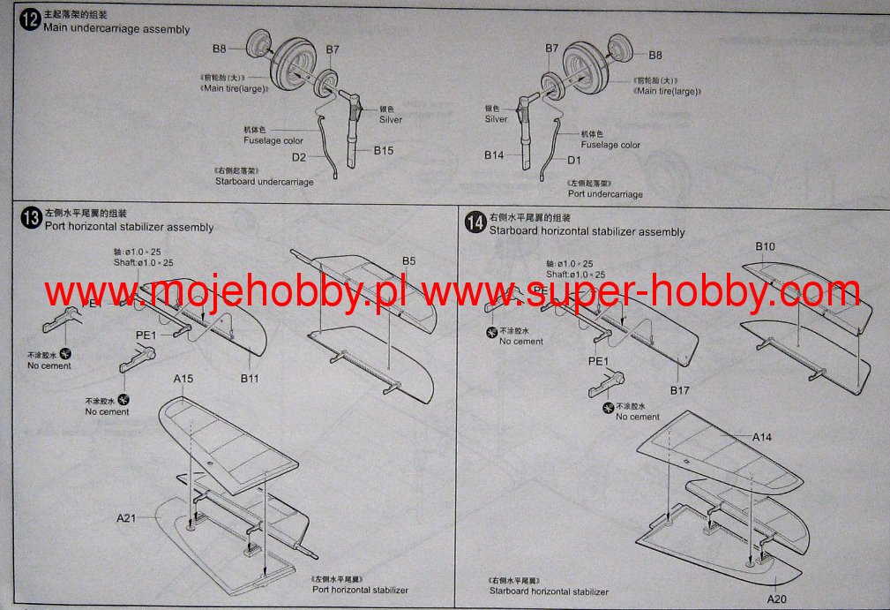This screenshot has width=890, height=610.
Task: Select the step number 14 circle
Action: pos(475,224)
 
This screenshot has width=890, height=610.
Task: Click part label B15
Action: pos(383,151)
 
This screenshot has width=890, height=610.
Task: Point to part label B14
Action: pos(494,155)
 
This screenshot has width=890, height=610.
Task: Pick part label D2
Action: pos(299,157)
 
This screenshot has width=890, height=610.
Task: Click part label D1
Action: pos(574,160)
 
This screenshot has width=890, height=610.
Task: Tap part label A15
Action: pos(183,379)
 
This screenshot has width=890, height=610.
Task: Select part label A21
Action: pos(126,517)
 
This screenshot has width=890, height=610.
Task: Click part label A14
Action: pos(762,437)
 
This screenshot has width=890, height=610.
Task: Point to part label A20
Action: pos(776,599)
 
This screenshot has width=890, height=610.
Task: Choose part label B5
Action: pos(408,261)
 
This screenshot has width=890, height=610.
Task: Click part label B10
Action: pos(765,246)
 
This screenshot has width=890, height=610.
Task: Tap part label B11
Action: pos(249,379)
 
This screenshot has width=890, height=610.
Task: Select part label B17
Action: pos(679,390)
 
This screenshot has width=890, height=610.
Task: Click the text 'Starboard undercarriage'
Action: pos(264,182)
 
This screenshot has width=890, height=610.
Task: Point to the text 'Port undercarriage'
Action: pos(605,194)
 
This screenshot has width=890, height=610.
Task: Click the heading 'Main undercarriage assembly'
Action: pos(116,29)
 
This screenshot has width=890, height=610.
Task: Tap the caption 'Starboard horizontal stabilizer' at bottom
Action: pos(549,591)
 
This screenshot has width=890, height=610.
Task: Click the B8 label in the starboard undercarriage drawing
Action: pos(220,49)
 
